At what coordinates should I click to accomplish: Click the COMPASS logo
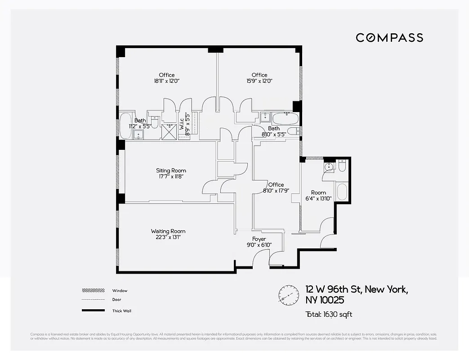tap(389, 37)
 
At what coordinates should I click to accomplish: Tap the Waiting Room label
tap(169, 231)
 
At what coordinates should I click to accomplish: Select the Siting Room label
tap(171, 171)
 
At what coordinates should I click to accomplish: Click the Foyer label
tap(259, 239)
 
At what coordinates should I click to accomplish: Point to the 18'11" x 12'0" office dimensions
tap(166, 81)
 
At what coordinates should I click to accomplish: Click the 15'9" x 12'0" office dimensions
tap(259, 81)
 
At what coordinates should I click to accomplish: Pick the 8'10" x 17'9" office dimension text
tap(276, 191)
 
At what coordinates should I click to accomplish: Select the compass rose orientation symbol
tap(289, 295)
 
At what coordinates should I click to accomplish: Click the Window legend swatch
tap(94, 291)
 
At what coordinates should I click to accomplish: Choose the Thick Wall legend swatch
tap(94, 310)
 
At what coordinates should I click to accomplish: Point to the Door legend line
tap(94, 300)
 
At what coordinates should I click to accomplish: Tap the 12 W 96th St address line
tap(357, 289)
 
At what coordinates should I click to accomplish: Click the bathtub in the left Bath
tap(125, 126)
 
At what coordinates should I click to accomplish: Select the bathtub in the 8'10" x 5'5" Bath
tap(286, 120)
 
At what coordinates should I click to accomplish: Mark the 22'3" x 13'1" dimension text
tap(169, 237)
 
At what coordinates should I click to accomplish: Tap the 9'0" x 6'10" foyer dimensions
tap(259, 245)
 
